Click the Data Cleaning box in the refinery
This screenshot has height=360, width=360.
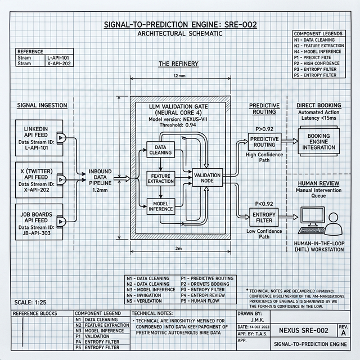click(160, 150)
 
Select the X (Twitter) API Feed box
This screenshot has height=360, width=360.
click(35, 178)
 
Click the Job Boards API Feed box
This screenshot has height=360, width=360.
click(35, 222)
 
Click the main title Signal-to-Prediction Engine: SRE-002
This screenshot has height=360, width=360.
click(179, 25)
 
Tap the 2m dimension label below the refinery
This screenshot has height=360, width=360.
click(178, 248)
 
